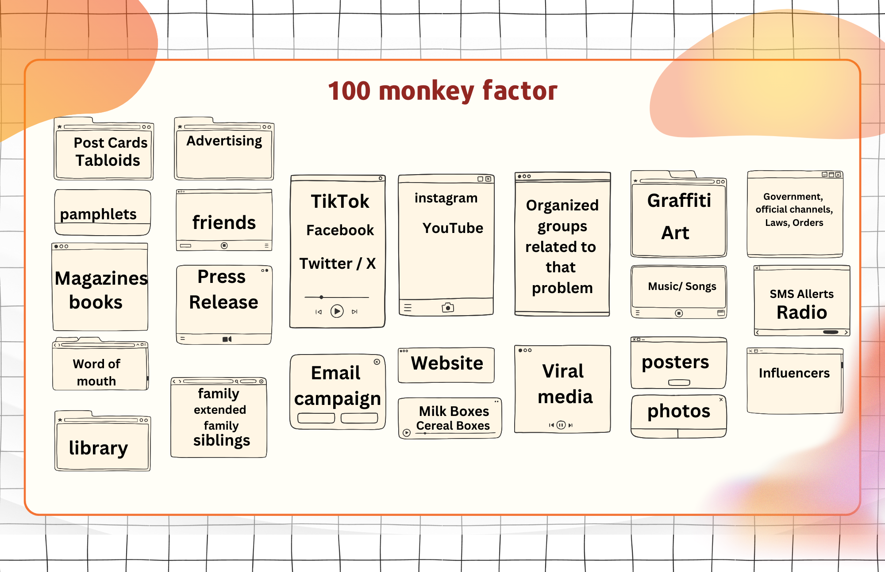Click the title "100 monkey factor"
click(x=442, y=91)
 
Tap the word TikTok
click(x=340, y=202)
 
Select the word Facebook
click(x=340, y=230)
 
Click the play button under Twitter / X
click(x=337, y=312)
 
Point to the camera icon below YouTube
click(x=448, y=308)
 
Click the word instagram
click(x=446, y=198)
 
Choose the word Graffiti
click(x=679, y=201)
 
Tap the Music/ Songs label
click(x=682, y=286)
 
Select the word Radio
click(x=801, y=313)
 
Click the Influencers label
click(x=794, y=373)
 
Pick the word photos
click(x=678, y=411)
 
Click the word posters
click(x=675, y=362)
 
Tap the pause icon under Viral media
click(x=561, y=425)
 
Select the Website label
click(x=447, y=363)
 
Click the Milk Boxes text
click(x=454, y=411)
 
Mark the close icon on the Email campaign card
click(x=377, y=362)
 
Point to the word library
click(x=98, y=448)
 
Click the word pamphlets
click(x=98, y=214)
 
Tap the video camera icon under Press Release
click(x=227, y=339)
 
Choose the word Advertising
click(x=224, y=141)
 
